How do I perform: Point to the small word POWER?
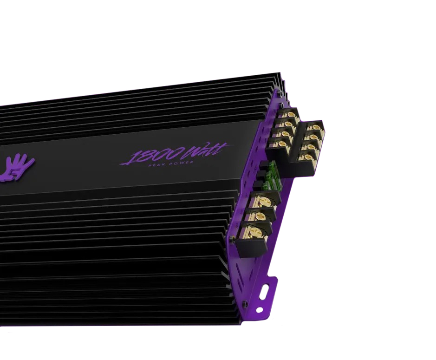(x=182, y=162)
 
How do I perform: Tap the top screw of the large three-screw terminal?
(x=264, y=200)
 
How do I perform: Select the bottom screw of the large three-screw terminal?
(x=254, y=231)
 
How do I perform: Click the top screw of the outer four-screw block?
(x=316, y=127)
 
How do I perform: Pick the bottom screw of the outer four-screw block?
(x=308, y=157)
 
